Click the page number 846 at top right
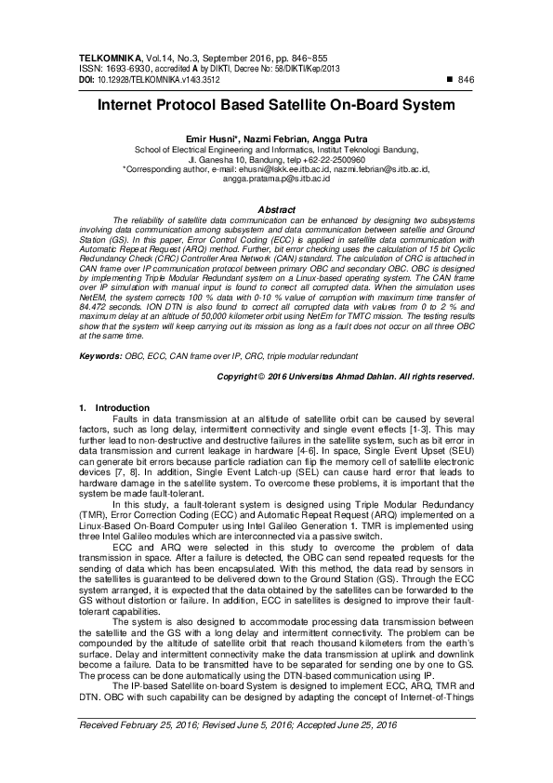click(x=467, y=80)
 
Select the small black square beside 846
click(x=451, y=80)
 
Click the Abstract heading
click(x=276, y=209)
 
